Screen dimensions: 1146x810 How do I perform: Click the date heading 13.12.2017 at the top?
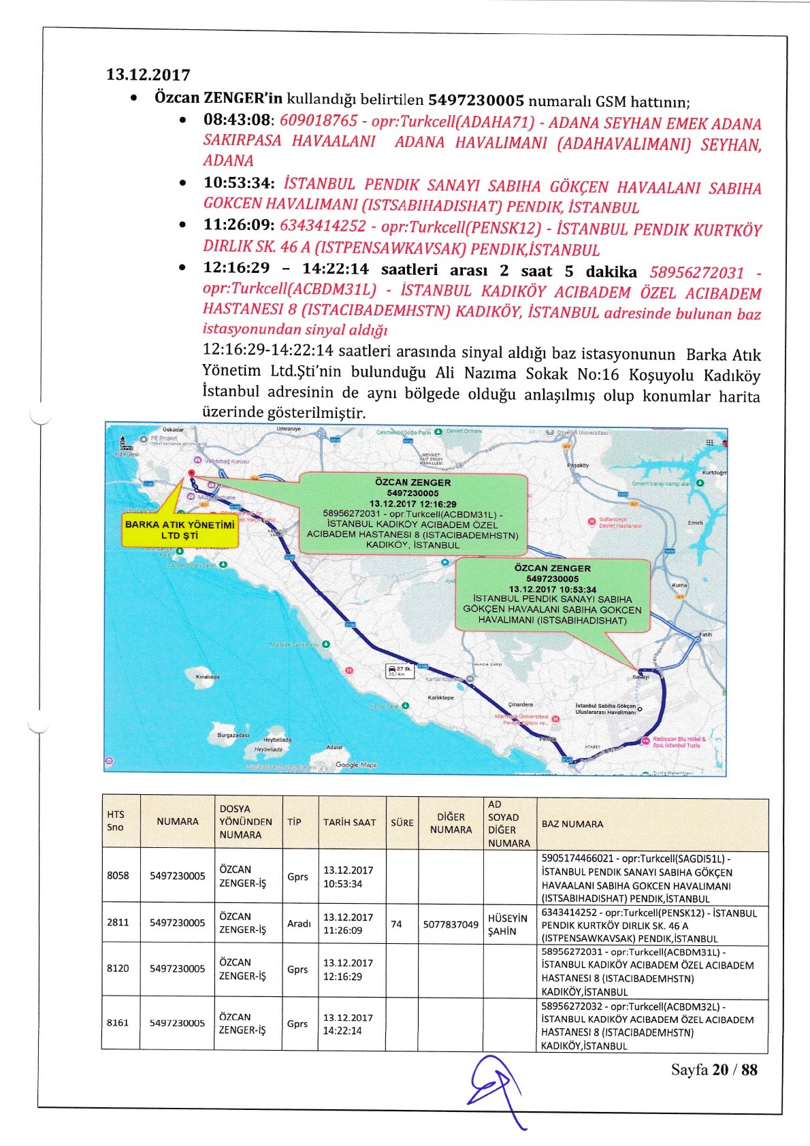[148, 75]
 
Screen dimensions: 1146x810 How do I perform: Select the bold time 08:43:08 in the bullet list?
[236, 120]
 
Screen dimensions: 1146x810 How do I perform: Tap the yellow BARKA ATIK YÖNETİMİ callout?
[180, 530]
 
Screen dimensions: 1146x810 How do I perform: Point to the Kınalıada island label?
[207, 677]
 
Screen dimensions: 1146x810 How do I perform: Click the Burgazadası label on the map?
[233, 735]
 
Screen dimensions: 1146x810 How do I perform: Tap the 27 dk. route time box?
[400, 671]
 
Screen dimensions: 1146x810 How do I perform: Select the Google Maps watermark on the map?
[356, 765]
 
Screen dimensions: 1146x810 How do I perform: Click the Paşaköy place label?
[577, 465]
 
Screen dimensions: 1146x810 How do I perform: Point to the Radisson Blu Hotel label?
[679, 742]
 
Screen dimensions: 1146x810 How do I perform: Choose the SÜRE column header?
[402, 823]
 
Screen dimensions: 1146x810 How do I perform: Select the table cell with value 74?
[396, 924]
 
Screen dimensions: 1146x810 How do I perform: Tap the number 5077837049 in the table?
[451, 924]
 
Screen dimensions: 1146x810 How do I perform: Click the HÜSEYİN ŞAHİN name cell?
[508, 924]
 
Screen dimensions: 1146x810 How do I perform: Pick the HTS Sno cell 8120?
[118, 968]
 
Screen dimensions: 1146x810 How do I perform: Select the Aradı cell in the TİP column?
[299, 923]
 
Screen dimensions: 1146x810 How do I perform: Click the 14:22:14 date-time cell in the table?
[348, 1024]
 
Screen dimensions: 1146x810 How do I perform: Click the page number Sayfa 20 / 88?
[714, 1070]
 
